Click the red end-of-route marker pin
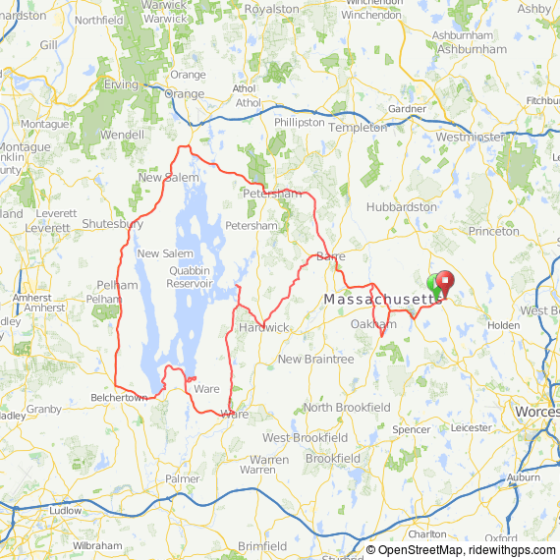(x=443, y=283)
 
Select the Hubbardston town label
(x=401, y=207)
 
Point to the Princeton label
(x=493, y=232)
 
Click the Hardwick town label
(x=263, y=327)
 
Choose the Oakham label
(x=373, y=324)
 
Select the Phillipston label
(x=299, y=123)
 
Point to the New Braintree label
(x=315, y=360)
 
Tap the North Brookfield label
(x=347, y=408)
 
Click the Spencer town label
(x=411, y=429)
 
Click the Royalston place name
(x=271, y=9)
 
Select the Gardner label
(x=408, y=108)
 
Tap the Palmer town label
(x=182, y=478)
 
